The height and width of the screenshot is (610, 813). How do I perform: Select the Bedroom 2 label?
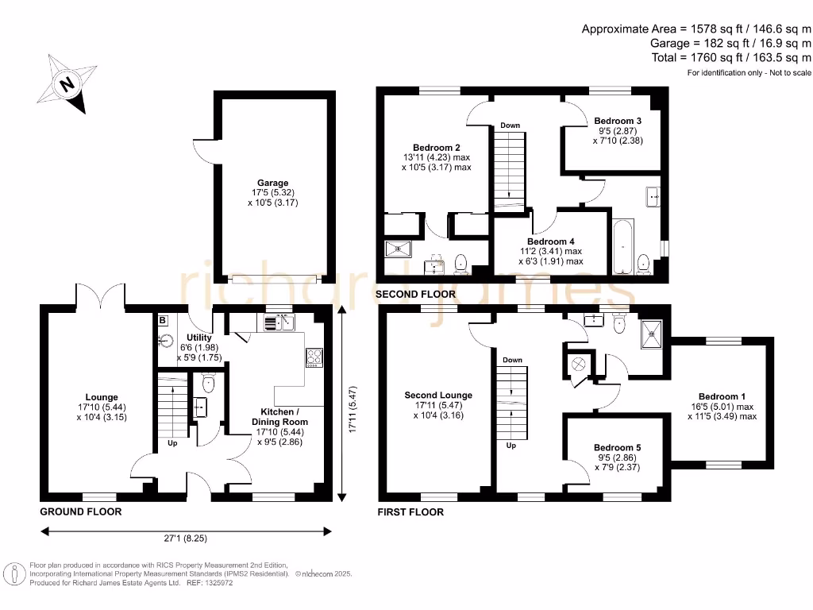(436, 147)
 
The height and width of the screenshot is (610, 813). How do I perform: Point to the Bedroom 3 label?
(618, 121)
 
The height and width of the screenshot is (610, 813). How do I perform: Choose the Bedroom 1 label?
(722, 396)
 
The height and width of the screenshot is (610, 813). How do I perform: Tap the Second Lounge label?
(438, 395)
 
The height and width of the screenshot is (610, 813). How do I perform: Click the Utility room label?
(198, 338)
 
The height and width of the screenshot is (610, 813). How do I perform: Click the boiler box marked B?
(163, 320)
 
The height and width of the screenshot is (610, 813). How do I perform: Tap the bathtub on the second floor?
(623, 247)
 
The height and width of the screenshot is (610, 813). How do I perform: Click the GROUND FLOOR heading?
(81, 512)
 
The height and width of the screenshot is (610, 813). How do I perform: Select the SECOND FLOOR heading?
(416, 294)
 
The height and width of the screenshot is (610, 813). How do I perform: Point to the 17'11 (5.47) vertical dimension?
(351, 404)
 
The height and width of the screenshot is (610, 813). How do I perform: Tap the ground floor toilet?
(208, 384)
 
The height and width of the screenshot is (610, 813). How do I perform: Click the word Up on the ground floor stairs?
(172, 442)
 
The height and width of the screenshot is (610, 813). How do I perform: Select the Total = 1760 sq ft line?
(730, 57)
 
